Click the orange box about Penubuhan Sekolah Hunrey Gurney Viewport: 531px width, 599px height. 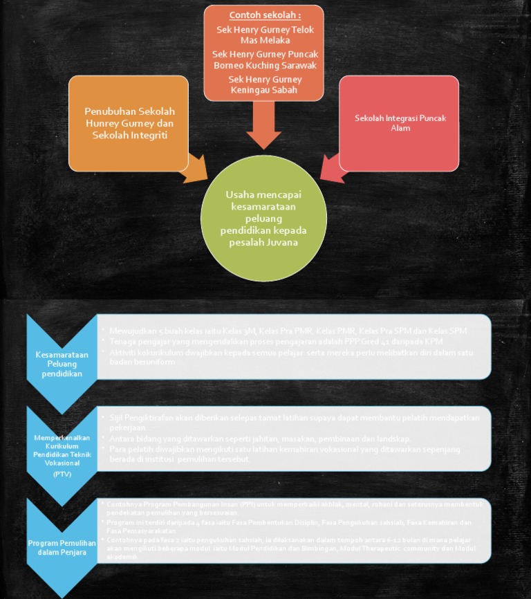point(129,122)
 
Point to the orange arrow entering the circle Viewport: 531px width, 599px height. point(196,169)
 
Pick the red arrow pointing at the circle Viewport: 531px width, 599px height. point(333,169)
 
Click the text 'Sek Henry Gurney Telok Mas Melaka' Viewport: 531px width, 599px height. point(265,35)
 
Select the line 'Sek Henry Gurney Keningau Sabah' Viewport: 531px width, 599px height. point(265,84)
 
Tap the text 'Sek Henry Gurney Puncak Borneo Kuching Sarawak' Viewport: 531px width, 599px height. point(265,59)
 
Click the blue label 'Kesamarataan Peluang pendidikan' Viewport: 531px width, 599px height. point(62,364)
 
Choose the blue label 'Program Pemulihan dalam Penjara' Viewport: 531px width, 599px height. point(62,547)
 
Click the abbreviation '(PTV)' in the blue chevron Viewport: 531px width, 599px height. point(62,474)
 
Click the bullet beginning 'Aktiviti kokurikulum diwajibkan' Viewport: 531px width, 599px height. point(290,357)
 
